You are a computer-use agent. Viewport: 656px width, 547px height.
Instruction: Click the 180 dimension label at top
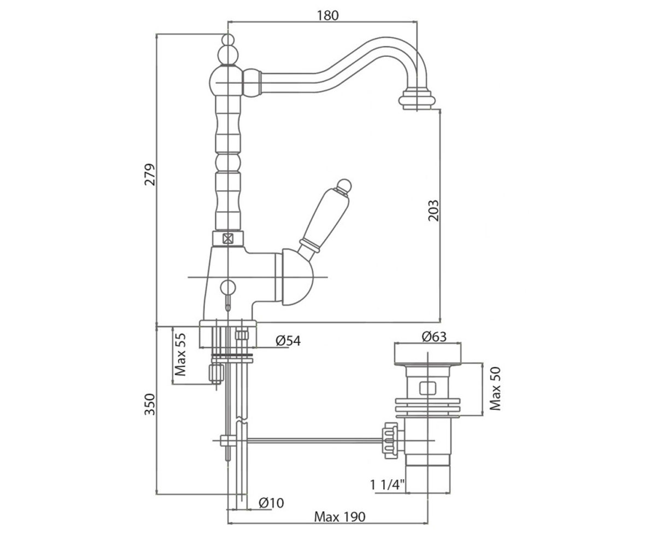pos(327,15)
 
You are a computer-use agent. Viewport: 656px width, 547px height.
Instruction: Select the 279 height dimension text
pos(150,174)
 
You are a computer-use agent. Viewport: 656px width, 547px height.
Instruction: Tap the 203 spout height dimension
pos(434,211)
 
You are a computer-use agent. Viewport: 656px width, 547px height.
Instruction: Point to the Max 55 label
pos(180,354)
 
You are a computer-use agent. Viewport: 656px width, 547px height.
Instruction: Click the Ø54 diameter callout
pos(288,341)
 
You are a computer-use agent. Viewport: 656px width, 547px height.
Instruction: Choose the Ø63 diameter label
pos(434,337)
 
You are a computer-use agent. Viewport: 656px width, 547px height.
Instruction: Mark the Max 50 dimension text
pos(495,389)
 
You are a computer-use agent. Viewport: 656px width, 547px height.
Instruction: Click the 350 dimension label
pos(150,404)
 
